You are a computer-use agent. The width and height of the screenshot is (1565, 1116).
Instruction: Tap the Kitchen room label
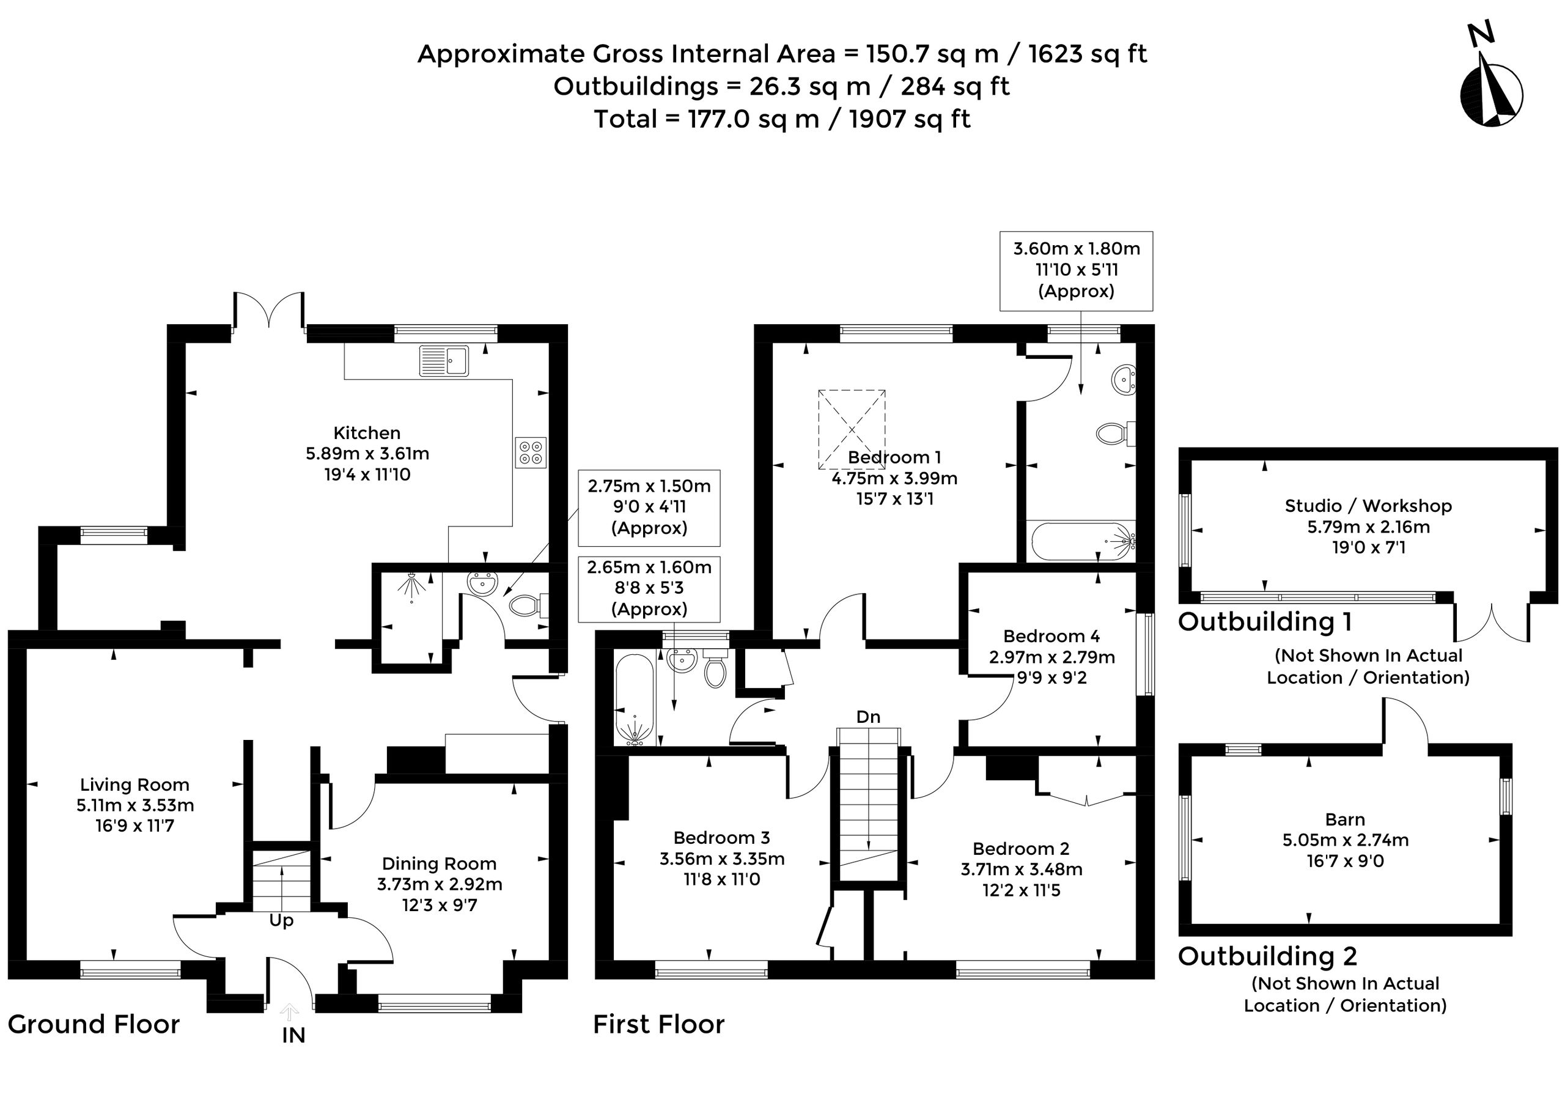click(x=367, y=433)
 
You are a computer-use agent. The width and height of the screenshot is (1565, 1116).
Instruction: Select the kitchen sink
click(x=444, y=361)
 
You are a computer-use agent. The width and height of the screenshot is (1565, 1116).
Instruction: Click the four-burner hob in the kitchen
click(x=531, y=452)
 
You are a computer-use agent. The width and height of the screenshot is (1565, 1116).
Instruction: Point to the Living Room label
click(x=134, y=785)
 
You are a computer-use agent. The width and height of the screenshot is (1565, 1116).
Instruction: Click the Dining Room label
click(x=439, y=864)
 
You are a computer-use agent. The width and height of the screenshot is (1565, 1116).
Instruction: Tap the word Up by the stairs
click(x=281, y=921)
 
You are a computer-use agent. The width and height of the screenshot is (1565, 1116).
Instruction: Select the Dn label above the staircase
click(x=868, y=717)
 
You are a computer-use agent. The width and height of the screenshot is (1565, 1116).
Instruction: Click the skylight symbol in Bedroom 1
click(x=851, y=429)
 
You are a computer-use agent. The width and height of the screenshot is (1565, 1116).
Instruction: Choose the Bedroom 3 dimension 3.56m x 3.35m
click(x=722, y=859)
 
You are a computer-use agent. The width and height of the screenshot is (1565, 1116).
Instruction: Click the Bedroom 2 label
click(x=1021, y=849)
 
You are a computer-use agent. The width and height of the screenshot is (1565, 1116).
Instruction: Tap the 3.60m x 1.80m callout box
click(x=1076, y=271)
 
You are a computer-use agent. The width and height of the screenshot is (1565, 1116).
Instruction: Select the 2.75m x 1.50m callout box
click(x=649, y=507)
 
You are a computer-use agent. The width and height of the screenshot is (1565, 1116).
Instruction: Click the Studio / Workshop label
click(x=1369, y=506)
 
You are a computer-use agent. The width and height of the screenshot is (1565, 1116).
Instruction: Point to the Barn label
click(x=1345, y=819)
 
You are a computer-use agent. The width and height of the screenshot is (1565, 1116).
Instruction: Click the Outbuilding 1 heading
click(x=1265, y=622)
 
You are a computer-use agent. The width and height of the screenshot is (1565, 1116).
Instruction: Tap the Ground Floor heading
click(x=94, y=1024)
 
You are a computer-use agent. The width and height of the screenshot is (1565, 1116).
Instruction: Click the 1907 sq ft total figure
click(x=910, y=119)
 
